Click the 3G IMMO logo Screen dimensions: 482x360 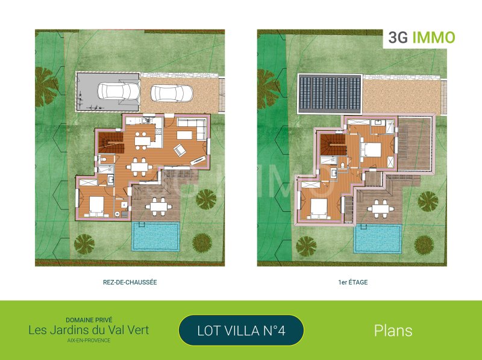coord(421,37)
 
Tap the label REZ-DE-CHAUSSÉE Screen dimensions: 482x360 coord(130,282)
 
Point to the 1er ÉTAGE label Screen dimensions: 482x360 coord(353,282)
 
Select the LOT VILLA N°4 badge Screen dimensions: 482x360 coord(242,331)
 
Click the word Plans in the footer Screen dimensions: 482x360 coord(393,331)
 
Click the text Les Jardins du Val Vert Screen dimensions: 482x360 coord(89,331)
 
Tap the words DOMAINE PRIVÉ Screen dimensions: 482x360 coord(89,320)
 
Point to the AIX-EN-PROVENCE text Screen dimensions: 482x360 coord(89,340)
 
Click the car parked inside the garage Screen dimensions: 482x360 coord(119,91)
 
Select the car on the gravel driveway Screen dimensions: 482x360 coord(172,93)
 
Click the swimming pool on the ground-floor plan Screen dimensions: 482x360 coord(156,236)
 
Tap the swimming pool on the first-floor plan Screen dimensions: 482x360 coord(378,238)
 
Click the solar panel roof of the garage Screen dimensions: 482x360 coord(330,94)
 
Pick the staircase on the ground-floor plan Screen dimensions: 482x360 coord(111,143)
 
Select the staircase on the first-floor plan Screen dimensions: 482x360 coord(333,145)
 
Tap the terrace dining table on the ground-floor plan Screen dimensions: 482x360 coord(158,207)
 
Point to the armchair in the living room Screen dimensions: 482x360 coord(180,151)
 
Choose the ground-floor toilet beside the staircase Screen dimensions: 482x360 coord(103,160)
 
